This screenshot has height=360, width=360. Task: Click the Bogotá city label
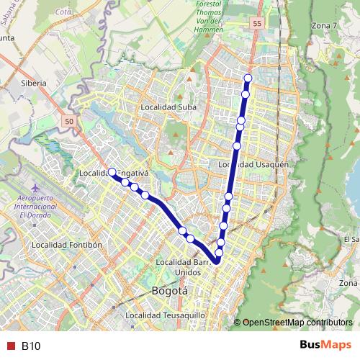[170, 291]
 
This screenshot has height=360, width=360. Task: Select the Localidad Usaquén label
[253, 165]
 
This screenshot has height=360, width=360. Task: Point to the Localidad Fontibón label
[68, 245]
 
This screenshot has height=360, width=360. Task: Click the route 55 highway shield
[257, 24]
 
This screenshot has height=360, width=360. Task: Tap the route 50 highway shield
[68, 122]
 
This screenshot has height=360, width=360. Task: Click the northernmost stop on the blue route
[248, 78]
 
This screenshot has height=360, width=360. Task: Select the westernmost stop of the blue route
[112, 172]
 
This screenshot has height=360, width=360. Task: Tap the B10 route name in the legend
[31, 346]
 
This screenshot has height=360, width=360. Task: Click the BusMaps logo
[325, 346]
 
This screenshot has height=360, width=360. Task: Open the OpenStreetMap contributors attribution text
[297, 323]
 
